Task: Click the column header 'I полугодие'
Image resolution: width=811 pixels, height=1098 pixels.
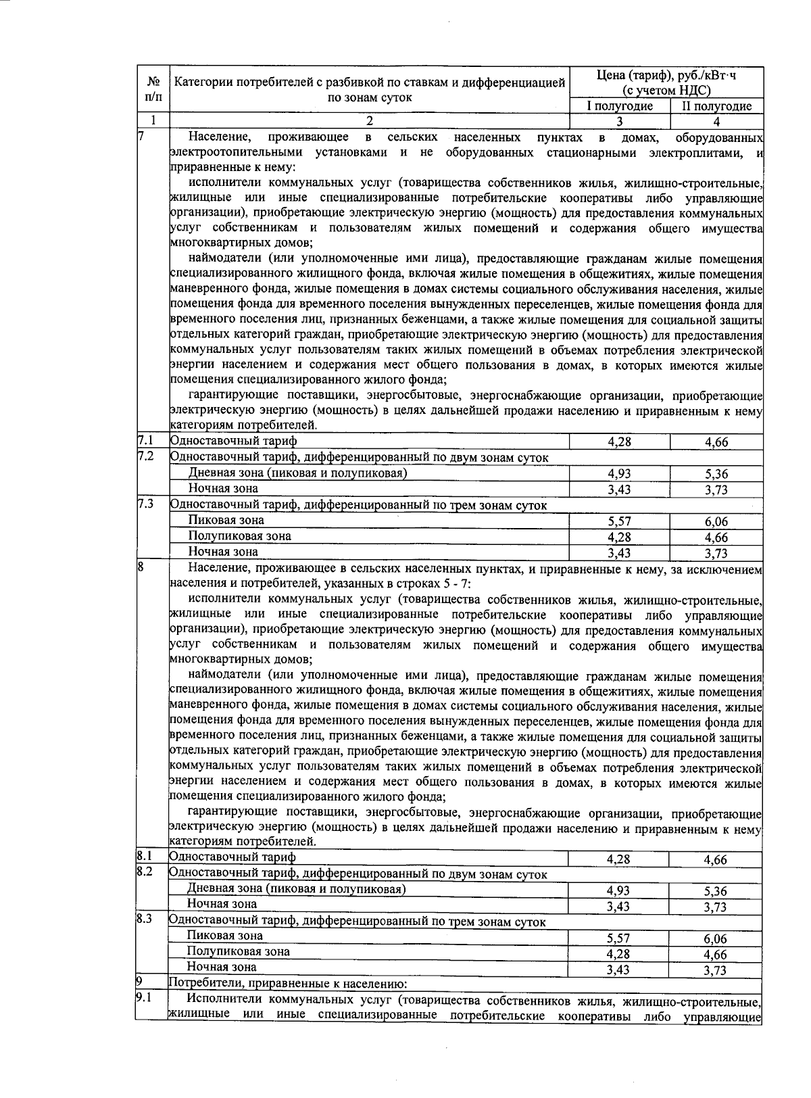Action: click(619, 106)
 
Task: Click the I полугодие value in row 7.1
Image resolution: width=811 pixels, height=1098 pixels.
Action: click(619, 443)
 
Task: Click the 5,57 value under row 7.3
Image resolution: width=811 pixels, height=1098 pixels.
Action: click(619, 521)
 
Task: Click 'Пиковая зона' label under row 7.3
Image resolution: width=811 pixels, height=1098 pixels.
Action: click(226, 520)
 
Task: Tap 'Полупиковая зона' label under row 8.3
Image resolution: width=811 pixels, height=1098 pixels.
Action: click(239, 951)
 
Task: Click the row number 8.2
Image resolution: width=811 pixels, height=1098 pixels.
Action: click(144, 872)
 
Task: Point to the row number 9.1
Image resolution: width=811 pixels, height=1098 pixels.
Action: click(144, 997)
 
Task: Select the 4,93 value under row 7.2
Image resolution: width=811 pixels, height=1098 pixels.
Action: click(619, 474)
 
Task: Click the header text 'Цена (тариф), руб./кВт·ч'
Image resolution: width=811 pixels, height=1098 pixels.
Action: click(666, 76)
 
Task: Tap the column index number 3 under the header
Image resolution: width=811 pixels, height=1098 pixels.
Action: click(619, 122)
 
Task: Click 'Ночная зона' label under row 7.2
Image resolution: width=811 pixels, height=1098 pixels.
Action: click(223, 488)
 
